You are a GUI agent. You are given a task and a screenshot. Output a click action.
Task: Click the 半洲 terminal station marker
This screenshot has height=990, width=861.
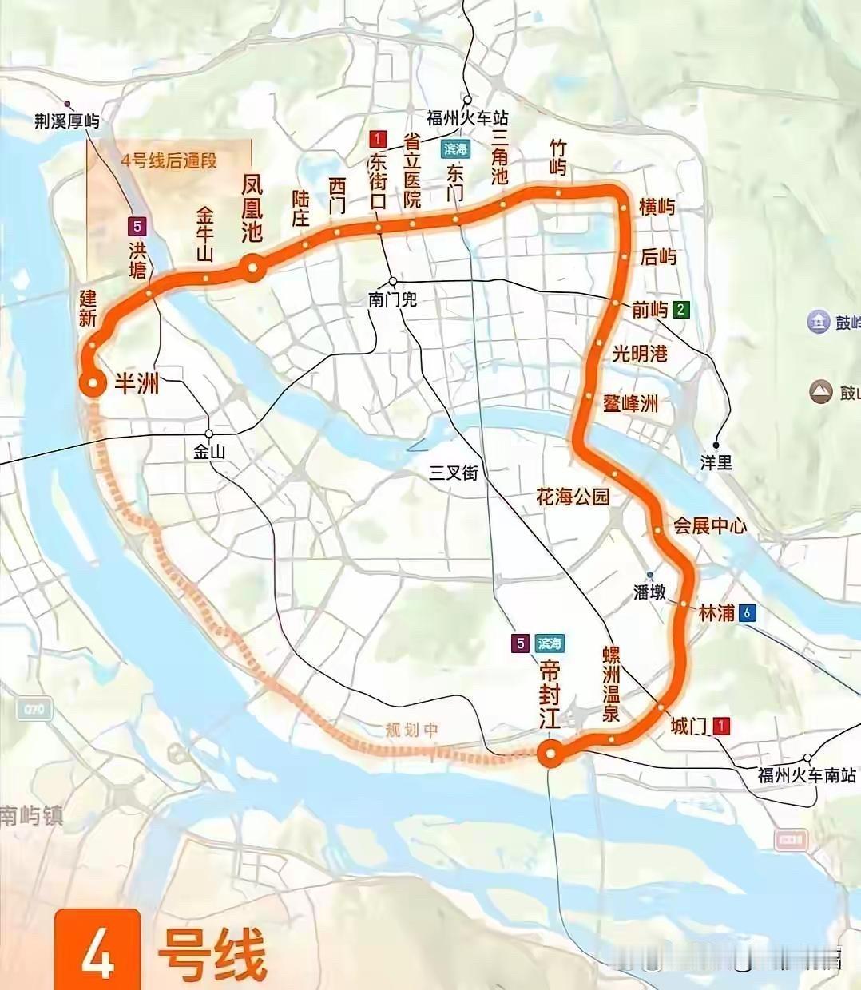(x=93, y=384)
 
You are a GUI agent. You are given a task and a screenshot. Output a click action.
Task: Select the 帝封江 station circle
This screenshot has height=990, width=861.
(x=550, y=753)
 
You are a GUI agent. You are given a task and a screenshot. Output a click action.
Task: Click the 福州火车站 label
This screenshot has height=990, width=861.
(x=467, y=118)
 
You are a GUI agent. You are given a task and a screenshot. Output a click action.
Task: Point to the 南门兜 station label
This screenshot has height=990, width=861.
(x=392, y=300)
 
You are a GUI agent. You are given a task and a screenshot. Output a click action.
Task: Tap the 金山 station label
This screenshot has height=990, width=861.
(x=209, y=452)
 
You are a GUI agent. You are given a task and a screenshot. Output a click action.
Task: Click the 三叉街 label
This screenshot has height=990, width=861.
(x=454, y=473)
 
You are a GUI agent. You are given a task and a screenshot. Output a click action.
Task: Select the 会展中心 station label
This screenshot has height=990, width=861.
(x=710, y=525)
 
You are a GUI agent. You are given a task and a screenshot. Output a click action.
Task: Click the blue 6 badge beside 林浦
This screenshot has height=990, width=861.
(x=747, y=613)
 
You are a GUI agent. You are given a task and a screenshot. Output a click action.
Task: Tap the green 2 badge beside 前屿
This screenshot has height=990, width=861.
(x=680, y=310)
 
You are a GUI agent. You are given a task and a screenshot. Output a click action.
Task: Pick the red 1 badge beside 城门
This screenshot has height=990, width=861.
(x=721, y=727)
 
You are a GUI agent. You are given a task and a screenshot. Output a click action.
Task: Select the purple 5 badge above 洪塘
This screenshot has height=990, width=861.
(x=139, y=226)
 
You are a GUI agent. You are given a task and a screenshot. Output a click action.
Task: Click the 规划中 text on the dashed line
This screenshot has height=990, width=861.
(x=411, y=730)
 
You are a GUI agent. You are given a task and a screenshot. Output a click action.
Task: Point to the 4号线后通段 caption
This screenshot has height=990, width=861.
(x=169, y=160)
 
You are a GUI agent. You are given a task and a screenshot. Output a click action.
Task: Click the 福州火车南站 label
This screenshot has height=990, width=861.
(x=807, y=775)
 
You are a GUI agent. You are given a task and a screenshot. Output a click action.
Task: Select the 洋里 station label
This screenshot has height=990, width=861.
(x=716, y=462)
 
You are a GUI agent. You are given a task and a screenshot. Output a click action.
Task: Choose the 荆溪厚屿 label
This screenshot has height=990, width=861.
(x=67, y=121)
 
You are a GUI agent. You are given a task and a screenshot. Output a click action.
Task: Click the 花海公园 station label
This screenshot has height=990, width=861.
(x=573, y=497)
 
